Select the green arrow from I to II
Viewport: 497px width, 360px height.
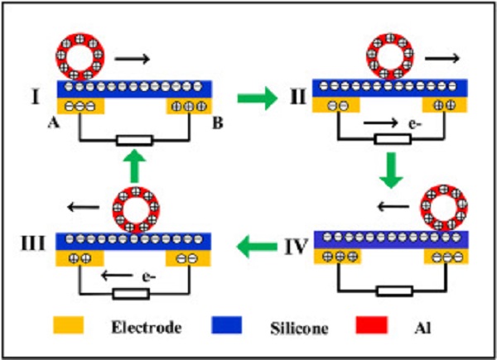coord(253,101)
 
